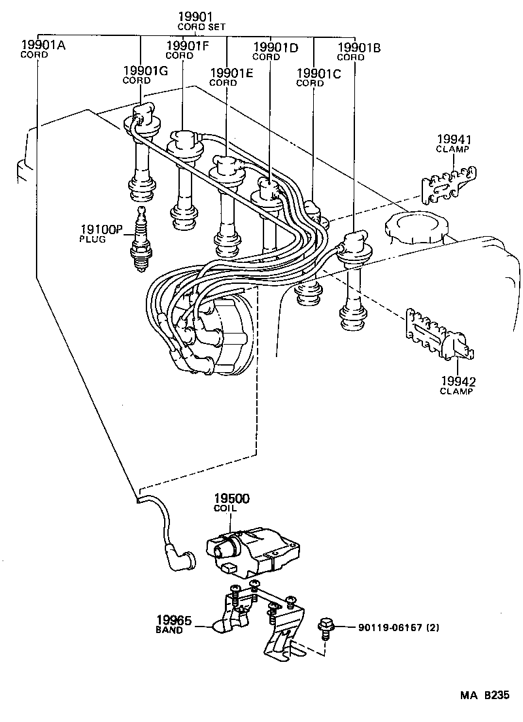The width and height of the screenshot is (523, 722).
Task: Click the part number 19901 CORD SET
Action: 199,21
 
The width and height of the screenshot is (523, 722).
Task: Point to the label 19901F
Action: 187,50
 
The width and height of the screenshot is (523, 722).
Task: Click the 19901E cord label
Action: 230,77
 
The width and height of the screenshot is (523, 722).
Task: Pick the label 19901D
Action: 275,52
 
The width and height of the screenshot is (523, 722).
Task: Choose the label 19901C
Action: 318,77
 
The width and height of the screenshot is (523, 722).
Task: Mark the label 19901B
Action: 360,52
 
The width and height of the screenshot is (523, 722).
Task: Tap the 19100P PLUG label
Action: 101,233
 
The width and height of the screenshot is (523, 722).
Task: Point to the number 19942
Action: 457,381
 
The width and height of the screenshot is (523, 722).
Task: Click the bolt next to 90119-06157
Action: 325,627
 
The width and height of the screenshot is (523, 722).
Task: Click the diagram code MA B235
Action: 483,695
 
